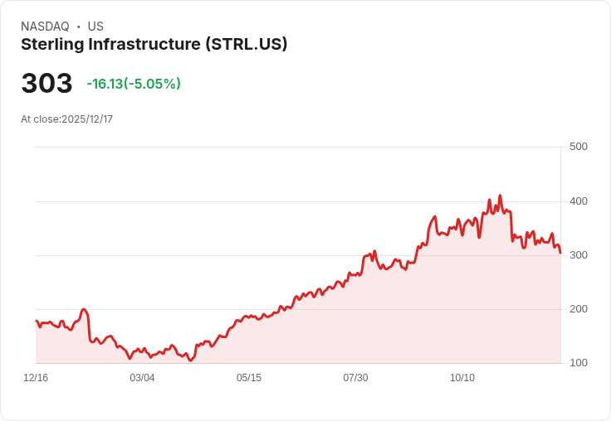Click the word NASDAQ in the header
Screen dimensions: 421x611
point(45,27)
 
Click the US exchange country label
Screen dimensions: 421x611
point(95,27)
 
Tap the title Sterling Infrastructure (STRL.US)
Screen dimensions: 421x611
point(154,45)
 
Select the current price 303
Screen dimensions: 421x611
point(46,84)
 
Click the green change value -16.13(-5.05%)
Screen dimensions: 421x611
point(134,84)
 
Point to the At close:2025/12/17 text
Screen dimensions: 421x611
point(66,119)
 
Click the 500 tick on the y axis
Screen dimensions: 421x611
point(578,147)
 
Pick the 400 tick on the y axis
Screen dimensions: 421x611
point(578,201)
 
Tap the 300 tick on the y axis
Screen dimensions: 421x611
point(578,255)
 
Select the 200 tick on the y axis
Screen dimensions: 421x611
point(578,309)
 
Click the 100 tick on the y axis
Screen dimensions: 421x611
point(578,363)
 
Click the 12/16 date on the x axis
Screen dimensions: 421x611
point(36,378)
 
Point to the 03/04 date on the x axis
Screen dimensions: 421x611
point(142,378)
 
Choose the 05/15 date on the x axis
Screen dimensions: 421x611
point(249,378)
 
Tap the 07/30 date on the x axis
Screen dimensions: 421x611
point(355,378)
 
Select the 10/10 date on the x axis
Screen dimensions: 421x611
point(462,378)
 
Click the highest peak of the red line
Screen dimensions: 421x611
point(500,196)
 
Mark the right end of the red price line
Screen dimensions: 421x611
point(560,253)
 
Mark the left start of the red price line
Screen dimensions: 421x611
point(37,321)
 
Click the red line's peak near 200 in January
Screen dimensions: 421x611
point(84,309)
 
